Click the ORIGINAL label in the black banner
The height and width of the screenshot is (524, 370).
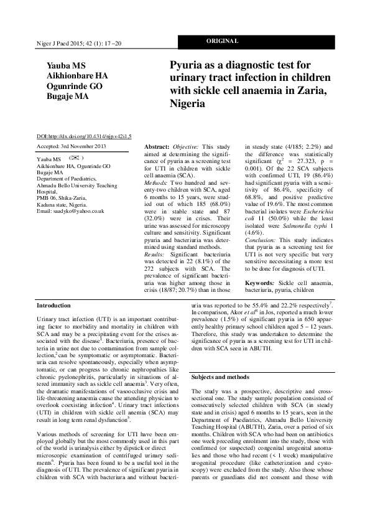(221, 42)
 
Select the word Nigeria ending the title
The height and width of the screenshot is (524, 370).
(187, 105)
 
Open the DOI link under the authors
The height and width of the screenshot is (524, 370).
(84, 136)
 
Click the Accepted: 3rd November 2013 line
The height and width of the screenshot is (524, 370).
(72, 146)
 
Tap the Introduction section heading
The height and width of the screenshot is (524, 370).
(54, 306)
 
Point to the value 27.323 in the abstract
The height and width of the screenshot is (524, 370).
(301, 161)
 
